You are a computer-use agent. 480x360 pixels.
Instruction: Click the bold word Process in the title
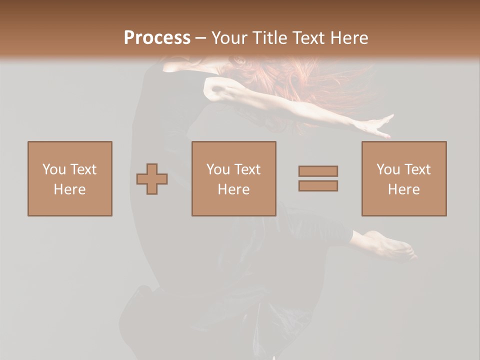(x=157, y=38)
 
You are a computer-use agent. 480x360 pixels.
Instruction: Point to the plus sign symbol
(x=152, y=179)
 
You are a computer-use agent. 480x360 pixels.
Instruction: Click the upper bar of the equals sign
(x=318, y=171)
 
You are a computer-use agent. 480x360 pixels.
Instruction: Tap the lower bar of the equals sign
(x=318, y=185)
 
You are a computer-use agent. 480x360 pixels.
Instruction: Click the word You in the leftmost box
(x=53, y=169)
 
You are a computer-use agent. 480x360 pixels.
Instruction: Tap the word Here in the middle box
(x=234, y=189)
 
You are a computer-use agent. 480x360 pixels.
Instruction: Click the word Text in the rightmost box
(x=418, y=169)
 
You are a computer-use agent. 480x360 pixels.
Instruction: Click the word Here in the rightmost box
(x=404, y=189)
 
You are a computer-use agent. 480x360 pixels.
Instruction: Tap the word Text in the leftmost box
(x=83, y=169)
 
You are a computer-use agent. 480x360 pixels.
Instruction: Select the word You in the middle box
(x=218, y=169)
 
